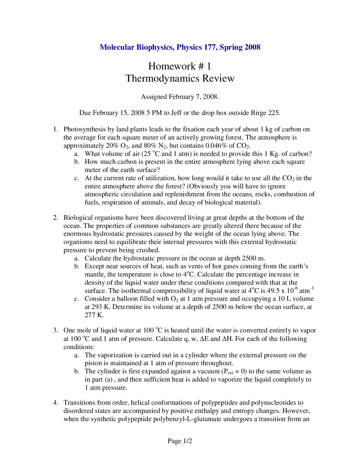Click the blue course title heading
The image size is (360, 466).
[x=180, y=47]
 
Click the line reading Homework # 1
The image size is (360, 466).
[x=180, y=66]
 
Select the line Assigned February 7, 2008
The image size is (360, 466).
[x=180, y=97]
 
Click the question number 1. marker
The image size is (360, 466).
[x=55, y=129]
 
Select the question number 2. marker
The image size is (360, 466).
[x=55, y=218]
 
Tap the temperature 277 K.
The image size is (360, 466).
[x=94, y=315]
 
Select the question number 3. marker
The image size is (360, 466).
[x=55, y=330]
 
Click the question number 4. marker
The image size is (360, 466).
[x=55, y=403]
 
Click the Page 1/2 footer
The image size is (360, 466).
[x=180, y=441]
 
